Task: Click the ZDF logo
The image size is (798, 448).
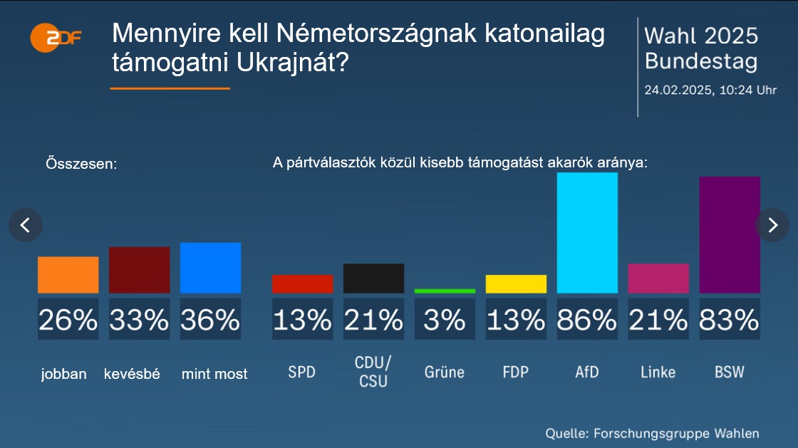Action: point(56,37)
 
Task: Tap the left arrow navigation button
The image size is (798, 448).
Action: point(26,225)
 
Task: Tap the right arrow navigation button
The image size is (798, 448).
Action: point(772,225)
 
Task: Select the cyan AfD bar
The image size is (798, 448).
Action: point(587,233)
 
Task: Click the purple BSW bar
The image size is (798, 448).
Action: point(730,235)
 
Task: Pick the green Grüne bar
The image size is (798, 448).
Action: point(445,291)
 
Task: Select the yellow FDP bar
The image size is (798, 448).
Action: point(516,284)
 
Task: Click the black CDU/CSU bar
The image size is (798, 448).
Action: point(373,278)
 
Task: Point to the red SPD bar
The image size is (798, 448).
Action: point(302,284)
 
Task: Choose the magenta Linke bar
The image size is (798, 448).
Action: point(658,278)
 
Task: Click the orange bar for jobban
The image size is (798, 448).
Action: point(68,275)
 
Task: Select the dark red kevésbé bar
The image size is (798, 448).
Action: point(139,270)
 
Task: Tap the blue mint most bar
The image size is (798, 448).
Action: point(210,268)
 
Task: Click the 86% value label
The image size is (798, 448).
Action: point(587,320)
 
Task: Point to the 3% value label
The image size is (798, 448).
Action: point(445,320)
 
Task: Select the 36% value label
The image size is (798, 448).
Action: point(210,320)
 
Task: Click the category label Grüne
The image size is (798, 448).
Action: point(445,372)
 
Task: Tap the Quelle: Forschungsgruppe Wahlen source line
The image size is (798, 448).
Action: point(652,433)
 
